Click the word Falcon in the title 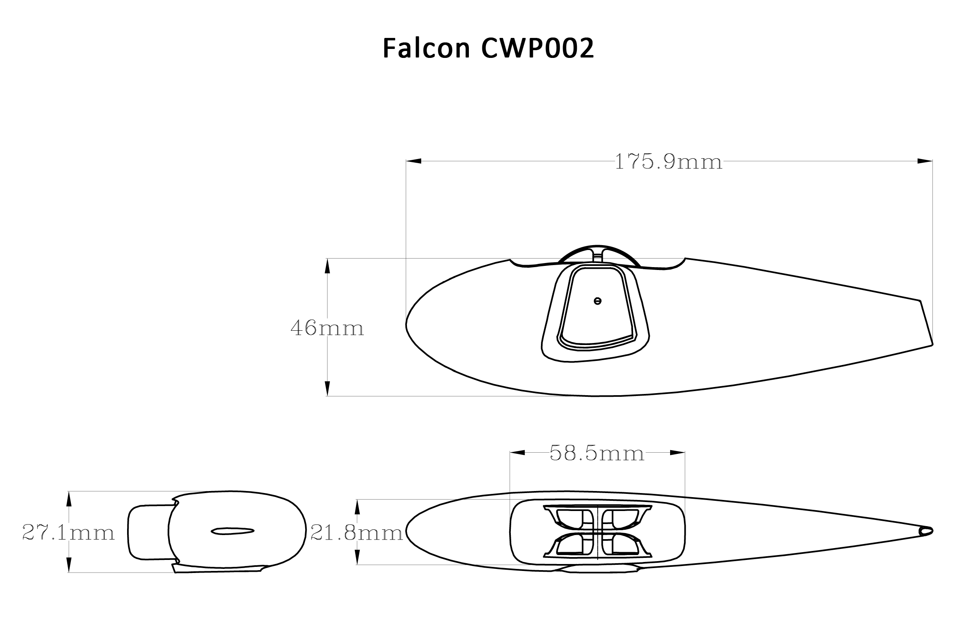426,49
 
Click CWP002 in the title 537,49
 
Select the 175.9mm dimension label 668,162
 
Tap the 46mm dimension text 327,328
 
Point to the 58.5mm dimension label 597,453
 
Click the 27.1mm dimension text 68,533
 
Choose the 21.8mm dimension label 357,533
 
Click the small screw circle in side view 598,301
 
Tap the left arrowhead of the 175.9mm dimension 413,161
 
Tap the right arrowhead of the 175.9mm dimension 925,161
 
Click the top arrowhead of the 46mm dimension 327,266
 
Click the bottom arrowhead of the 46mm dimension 327,388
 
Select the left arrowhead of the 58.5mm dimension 517,453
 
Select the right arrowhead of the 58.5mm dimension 677,453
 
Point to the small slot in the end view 233,531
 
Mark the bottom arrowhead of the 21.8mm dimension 357,557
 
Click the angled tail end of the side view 926,323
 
